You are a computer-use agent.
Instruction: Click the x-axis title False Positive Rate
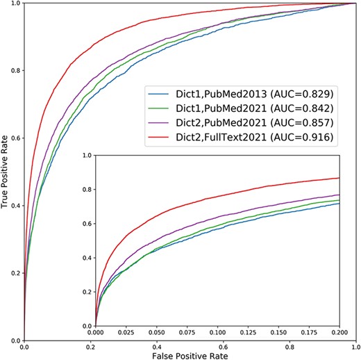[x=190, y=355]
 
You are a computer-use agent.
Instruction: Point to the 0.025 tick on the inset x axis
[x=126, y=334]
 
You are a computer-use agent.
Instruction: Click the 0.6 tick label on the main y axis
[x=14, y=138]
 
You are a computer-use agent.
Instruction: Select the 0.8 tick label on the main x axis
[x=289, y=345]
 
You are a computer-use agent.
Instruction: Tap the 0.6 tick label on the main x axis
[x=224, y=345]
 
